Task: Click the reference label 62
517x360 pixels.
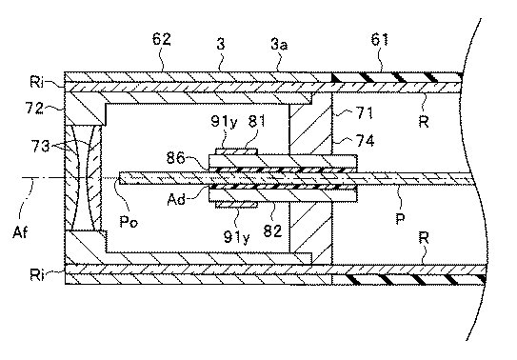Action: [x=162, y=39]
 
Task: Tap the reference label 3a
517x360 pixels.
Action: [x=279, y=44]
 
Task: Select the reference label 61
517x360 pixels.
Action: [x=380, y=39]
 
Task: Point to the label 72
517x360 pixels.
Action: [x=34, y=108]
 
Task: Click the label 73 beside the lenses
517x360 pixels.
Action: [x=40, y=146]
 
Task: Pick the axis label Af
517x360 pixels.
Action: [x=20, y=232]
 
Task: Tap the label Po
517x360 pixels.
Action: [x=129, y=221]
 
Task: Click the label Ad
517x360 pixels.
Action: [x=176, y=199]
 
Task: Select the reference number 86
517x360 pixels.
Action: [x=175, y=158]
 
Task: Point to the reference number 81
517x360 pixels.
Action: [x=256, y=121]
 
